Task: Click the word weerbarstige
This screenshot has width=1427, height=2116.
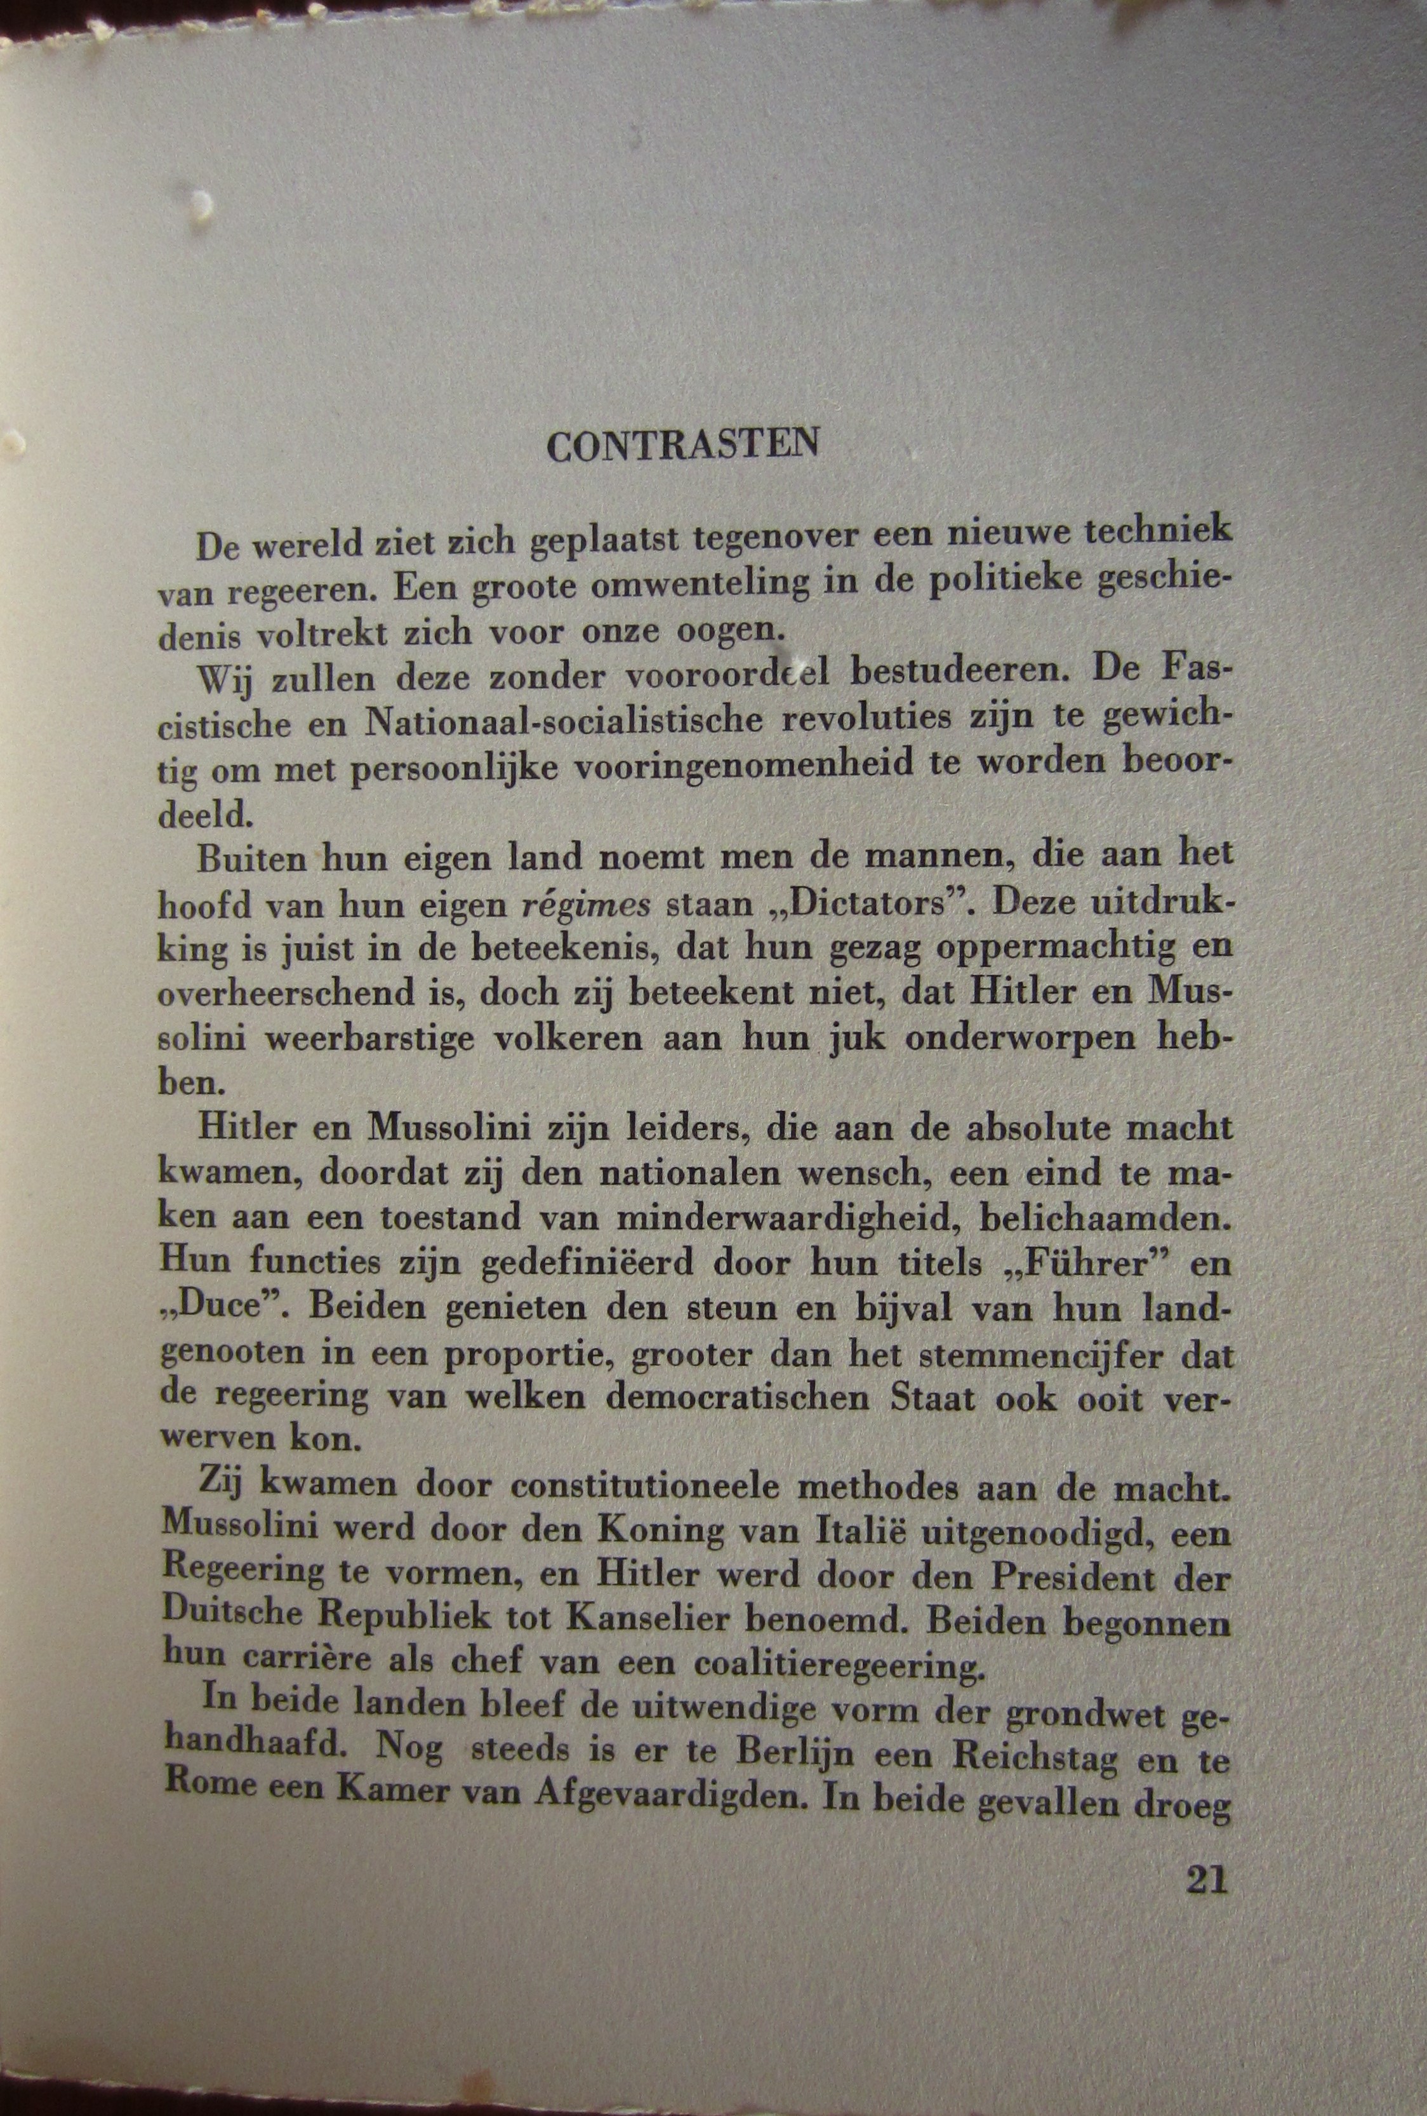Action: click(369, 1039)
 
